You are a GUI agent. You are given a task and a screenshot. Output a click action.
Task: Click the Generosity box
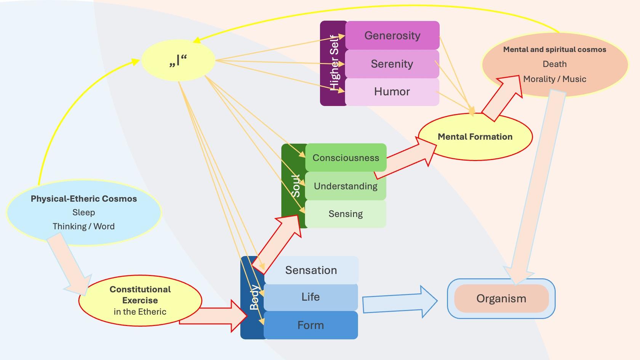pyautogui.click(x=392, y=35)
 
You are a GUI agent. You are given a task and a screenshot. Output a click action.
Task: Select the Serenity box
pyautogui.click(x=392, y=64)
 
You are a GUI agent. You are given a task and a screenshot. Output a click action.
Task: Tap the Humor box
pyautogui.click(x=392, y=92)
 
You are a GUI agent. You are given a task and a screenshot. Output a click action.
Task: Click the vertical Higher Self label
pyautogui.click(x=334, y=63)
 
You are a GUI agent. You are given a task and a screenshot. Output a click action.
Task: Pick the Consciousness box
pyautogui.click(x=346, y=158)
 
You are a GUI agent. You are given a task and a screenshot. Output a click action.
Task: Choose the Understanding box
pyautogui.click(x=346, y=186)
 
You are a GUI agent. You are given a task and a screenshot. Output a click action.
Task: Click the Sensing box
pyautogui.click(x=346, y=214)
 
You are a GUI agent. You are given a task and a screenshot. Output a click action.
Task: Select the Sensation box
pyautogui.click(x=311, y=270)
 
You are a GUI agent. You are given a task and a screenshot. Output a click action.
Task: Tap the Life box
pyautogui.click(x=310, y=297)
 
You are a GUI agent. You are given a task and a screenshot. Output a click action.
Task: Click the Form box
pyautogui.click(x=310, y=325)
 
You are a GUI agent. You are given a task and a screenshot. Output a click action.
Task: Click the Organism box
pyautogui.click(x=501, y=299)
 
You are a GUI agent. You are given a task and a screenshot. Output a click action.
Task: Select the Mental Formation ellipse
pyautogui.click(x=475, y=137)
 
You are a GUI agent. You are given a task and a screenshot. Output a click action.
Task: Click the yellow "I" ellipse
pyautogui.click(x=178, y=61)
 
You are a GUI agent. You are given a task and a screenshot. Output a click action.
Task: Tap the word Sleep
pyautogui.click(x=83, y=213)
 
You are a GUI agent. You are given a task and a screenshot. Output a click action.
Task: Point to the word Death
pyautogui.click(x=554, y=64)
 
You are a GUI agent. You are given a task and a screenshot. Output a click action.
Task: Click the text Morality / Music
pyautogui.click(x=554, y=79)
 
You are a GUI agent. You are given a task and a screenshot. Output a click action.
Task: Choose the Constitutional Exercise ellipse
pyautogui.click(x=140, y=300)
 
